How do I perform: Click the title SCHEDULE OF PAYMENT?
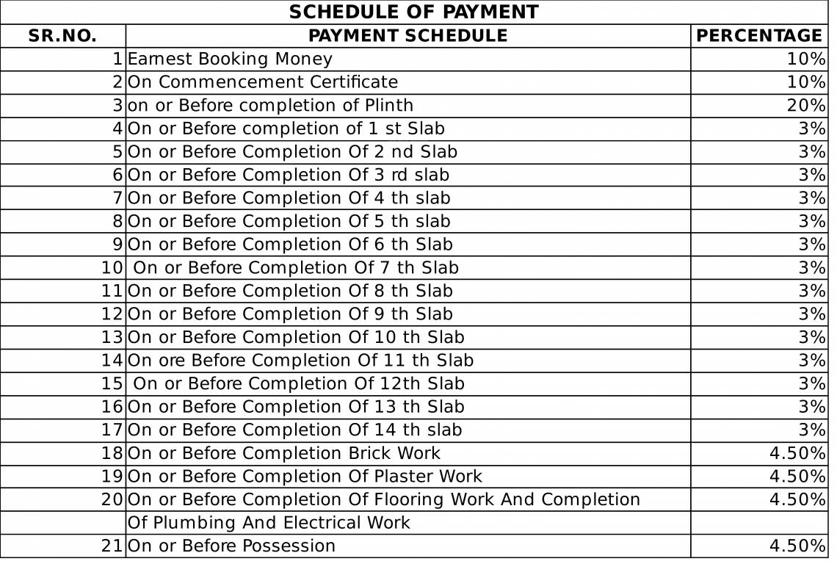(x=413, y=12)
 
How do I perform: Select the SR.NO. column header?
(x=62, y=36)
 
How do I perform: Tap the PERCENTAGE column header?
(x=759, y=36)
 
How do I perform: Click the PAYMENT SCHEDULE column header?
(x=407, y=36)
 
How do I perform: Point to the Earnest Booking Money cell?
(x=230, y=59)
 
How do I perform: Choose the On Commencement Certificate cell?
(x=263, y=82)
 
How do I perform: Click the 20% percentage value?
(x=806, y=106)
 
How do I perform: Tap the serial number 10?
(x=112, y=268)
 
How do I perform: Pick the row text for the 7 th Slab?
(x=296, y=268)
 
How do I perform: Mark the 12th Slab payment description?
(x=299, y=384)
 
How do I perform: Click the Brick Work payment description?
(x=284, y=454)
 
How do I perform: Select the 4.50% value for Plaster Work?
(x=797, y=477)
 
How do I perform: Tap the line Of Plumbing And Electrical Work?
(x=269, y=524)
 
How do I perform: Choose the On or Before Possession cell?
(x=231, y=546)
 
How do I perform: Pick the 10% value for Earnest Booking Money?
(x=806, y=59)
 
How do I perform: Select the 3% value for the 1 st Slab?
(x=812, y=129)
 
